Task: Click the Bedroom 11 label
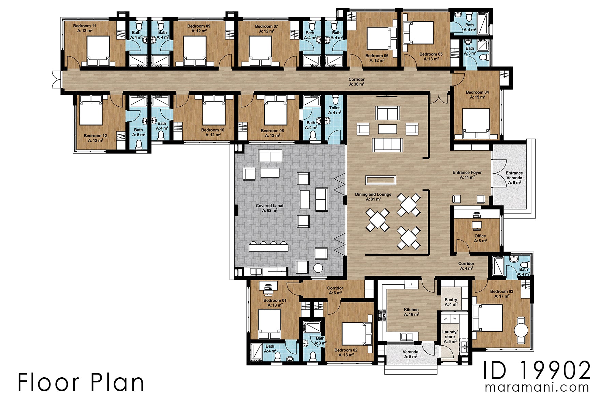coord(84,28)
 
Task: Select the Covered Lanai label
coord(269,208)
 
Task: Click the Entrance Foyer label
coord(467,175)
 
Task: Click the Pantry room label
coord(451,302)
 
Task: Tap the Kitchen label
coord(411,312)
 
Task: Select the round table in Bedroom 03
coord(521,330)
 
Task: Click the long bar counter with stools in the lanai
coord(268,246)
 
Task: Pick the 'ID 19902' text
coord(537,370)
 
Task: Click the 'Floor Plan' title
coord(81,382)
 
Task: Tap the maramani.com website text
coord(537,388)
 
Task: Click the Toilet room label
coord(334,110)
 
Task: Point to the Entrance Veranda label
coord(514,178)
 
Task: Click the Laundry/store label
coord(450,336)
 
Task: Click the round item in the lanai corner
coord(318,268)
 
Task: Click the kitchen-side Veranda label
coord(410,354)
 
